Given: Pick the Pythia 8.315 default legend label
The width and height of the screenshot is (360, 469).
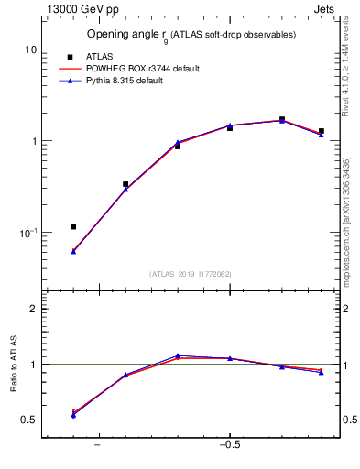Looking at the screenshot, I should coord(137,82).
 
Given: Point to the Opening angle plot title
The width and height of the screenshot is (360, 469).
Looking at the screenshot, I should coord(191,35).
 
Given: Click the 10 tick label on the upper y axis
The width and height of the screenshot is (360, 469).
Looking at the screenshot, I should coord(30,49).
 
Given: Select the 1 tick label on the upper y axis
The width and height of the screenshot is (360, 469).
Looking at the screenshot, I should coord(33,141).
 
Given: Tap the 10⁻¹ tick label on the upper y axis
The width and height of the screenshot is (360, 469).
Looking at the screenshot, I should coord(27,233).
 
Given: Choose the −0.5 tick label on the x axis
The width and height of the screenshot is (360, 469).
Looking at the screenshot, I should coord(229,445).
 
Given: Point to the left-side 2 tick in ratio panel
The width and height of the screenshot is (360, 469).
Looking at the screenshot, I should coord(33,309).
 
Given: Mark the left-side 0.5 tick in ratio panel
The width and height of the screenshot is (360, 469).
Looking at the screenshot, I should coord(29,420).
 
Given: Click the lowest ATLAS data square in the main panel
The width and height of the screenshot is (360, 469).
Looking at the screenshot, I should coord(73,226).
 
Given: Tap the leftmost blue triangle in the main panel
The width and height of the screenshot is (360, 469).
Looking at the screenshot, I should coord(73,250).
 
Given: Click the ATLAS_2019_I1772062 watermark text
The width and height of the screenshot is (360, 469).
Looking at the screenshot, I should coord(191,273).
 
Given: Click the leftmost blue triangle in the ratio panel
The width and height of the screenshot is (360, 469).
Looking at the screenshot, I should coord(73,415).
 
